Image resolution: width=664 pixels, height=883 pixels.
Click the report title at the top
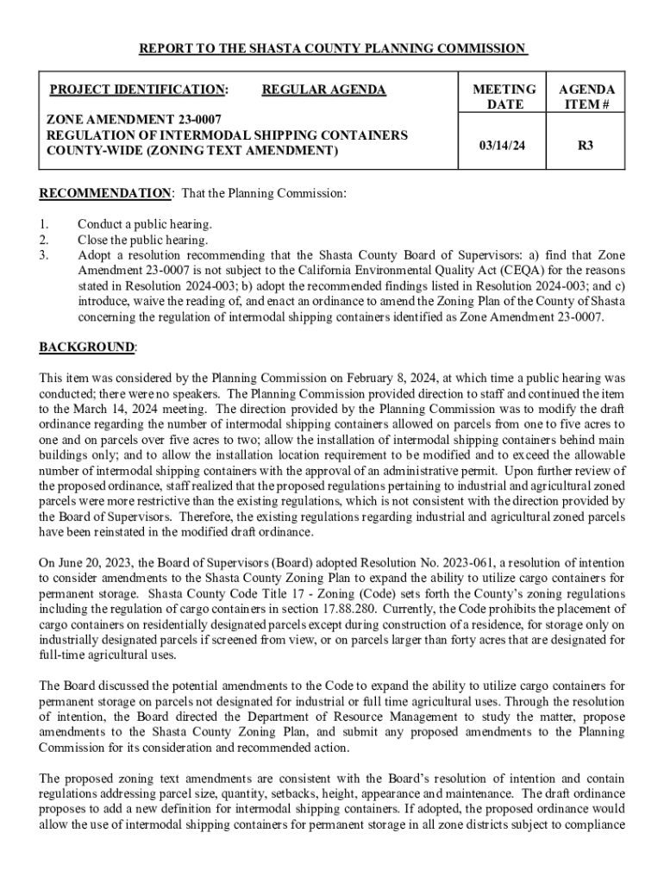332,48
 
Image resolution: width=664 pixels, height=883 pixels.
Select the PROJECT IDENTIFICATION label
138,90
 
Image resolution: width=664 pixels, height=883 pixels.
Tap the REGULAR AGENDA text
323,90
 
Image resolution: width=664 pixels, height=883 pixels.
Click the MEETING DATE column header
505,97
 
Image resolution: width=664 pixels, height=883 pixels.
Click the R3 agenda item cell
586,146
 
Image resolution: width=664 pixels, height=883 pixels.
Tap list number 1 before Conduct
45,224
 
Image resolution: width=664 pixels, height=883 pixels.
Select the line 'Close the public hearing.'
143,240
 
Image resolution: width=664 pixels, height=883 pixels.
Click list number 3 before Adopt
45,255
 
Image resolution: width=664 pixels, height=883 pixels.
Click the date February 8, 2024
392,378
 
